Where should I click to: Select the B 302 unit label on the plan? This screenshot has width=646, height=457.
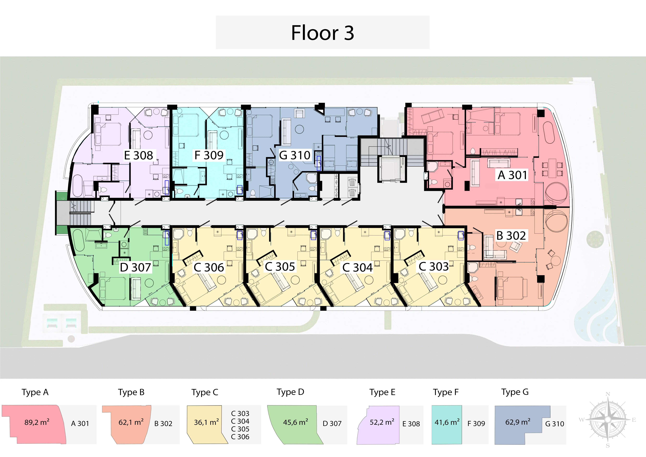(x=511, y=236)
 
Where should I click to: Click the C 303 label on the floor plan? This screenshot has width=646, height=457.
(x=434, y=266)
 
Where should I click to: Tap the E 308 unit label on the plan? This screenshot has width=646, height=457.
(x=138, y=155)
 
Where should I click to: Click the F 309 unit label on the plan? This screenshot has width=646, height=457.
(x=209, y=155)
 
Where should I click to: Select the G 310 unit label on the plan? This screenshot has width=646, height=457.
(x=295, y=155)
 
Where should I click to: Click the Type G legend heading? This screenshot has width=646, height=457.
(x=515, y=392)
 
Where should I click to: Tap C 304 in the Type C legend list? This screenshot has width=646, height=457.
(x=240, y=421)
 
